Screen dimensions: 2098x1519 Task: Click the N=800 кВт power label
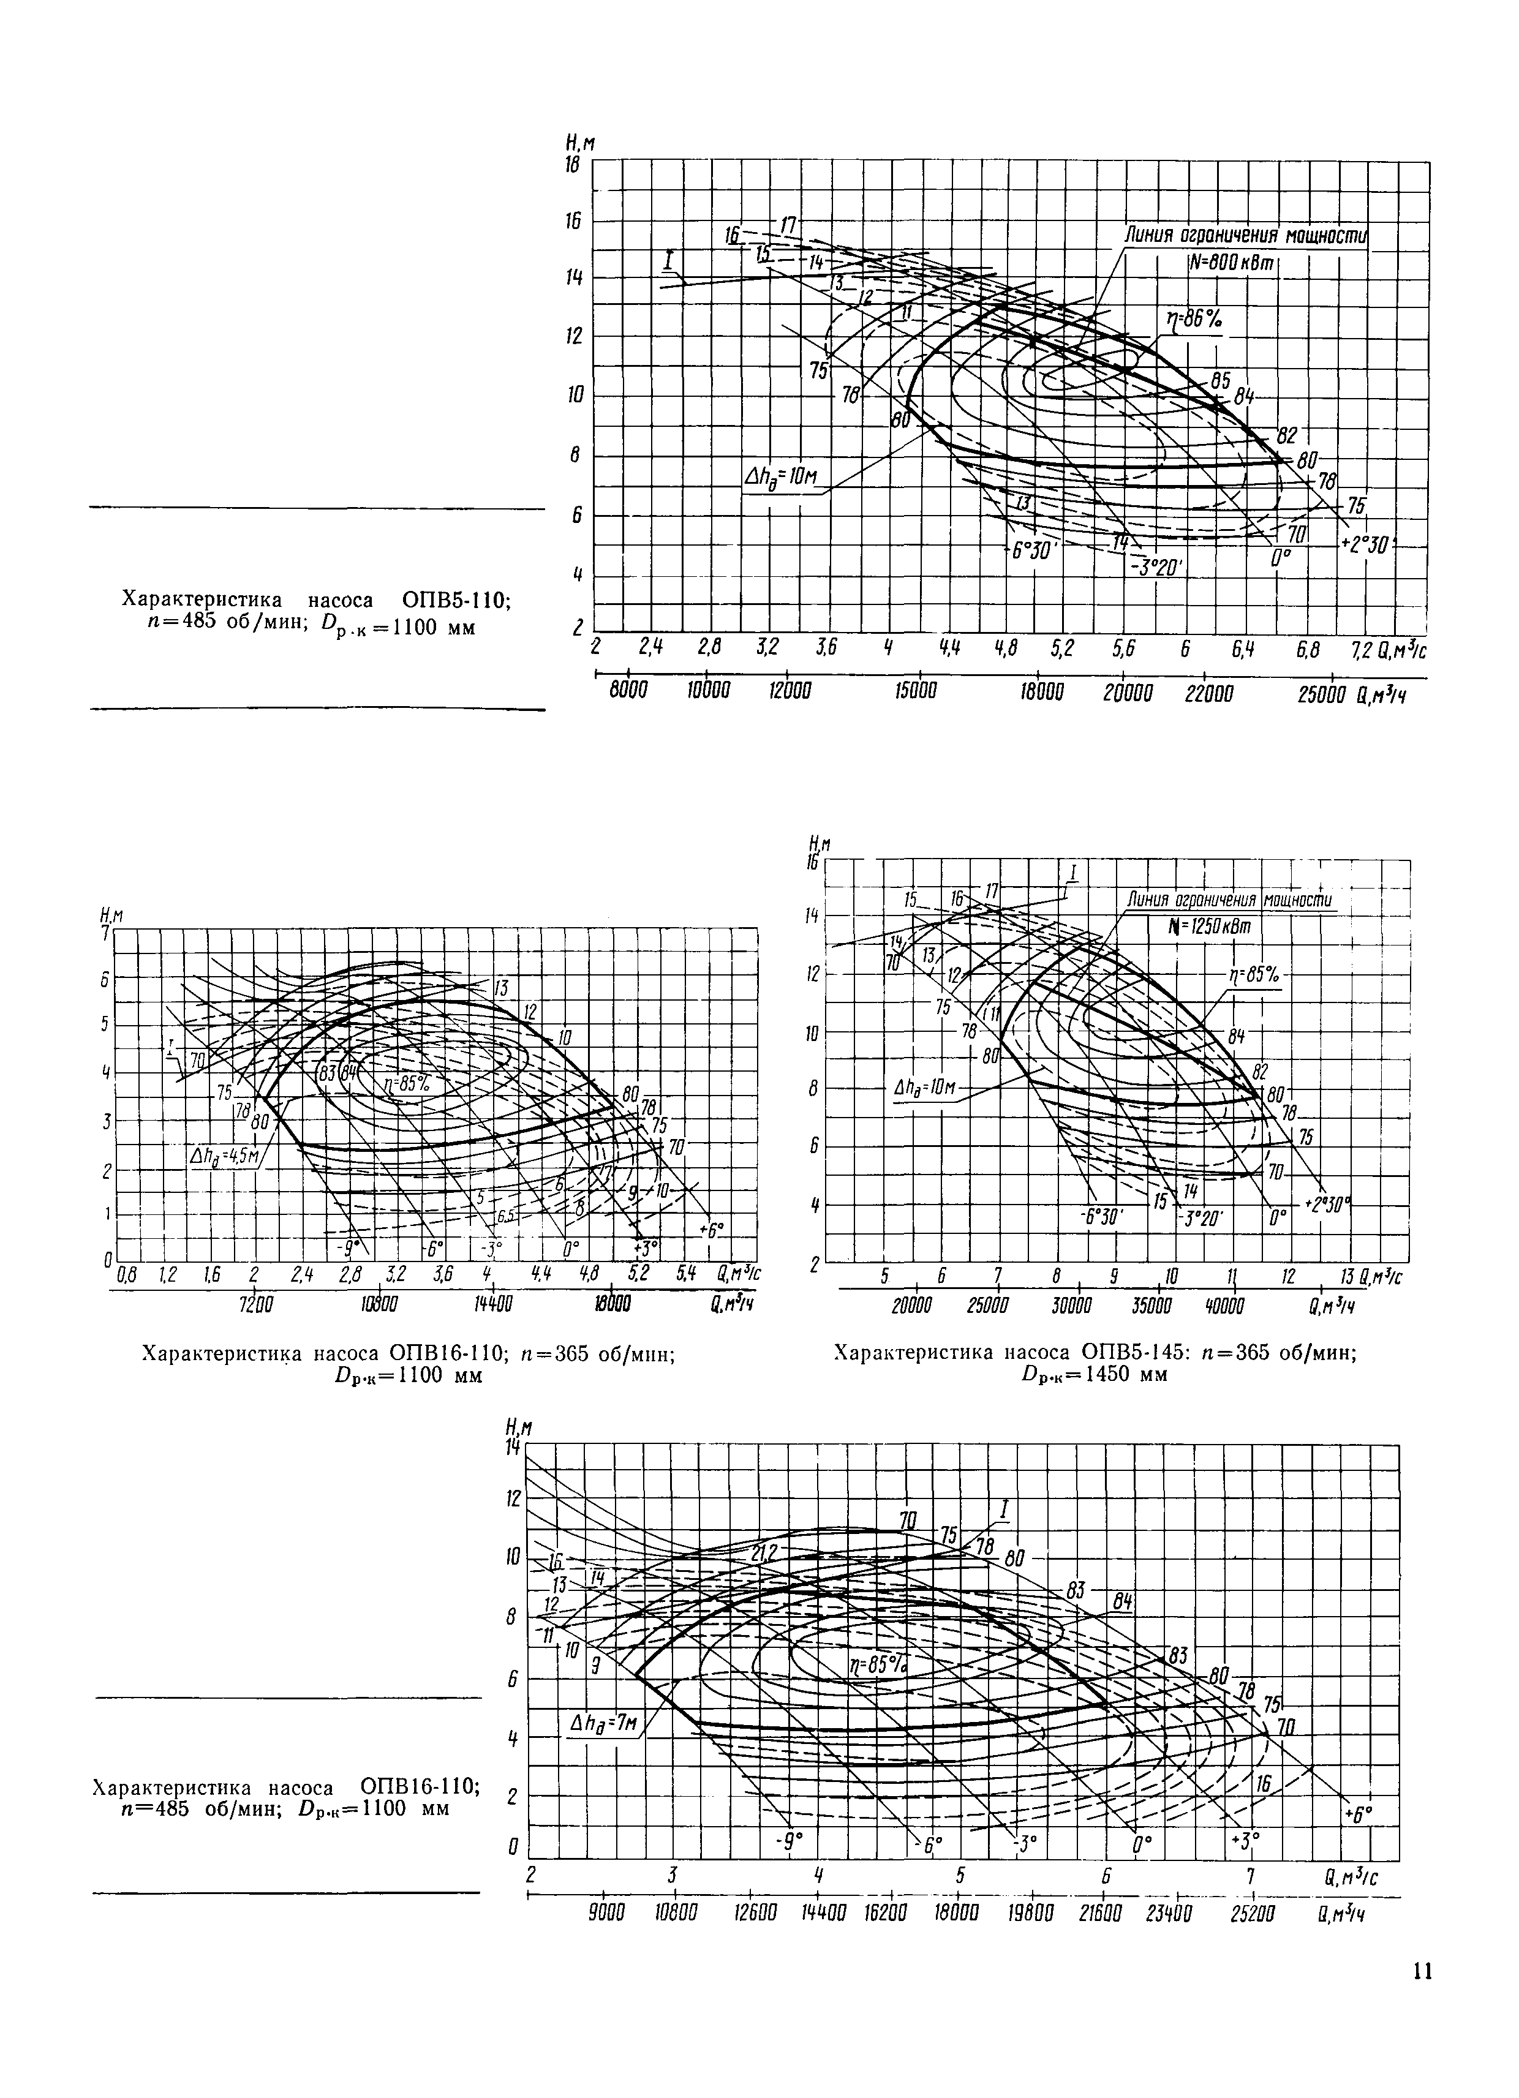(x=1231, y=264)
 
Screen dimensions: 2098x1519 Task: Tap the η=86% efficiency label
(x=1193, y=321)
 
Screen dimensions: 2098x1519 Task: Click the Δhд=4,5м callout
(x=225, y=1156)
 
